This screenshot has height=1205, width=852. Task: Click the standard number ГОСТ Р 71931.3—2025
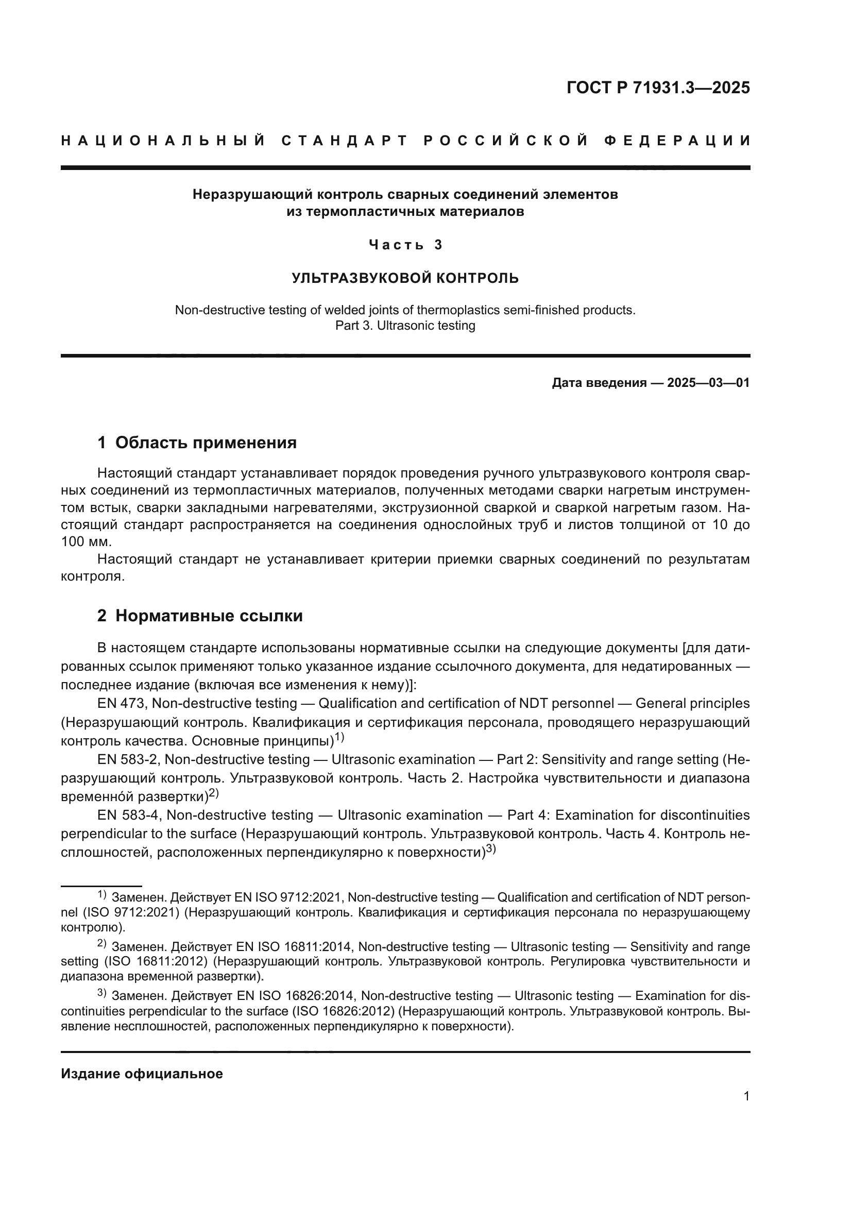658,88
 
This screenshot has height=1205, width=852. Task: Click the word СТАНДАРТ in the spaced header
344,141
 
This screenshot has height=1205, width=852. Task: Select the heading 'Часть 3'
405,245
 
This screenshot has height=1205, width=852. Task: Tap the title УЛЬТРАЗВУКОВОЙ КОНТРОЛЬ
405,278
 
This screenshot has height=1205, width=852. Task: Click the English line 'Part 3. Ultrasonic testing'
405,326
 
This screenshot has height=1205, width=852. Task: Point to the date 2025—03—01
708,383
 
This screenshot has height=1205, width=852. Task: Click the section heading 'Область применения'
206,443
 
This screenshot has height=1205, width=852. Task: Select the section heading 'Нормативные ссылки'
209,616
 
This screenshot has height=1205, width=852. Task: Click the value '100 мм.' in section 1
87,541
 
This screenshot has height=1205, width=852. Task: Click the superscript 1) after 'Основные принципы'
339,737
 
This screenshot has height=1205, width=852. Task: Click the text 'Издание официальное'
142,1074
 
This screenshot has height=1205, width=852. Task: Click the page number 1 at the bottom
746,1096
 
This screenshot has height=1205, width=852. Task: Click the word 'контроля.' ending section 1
93,576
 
